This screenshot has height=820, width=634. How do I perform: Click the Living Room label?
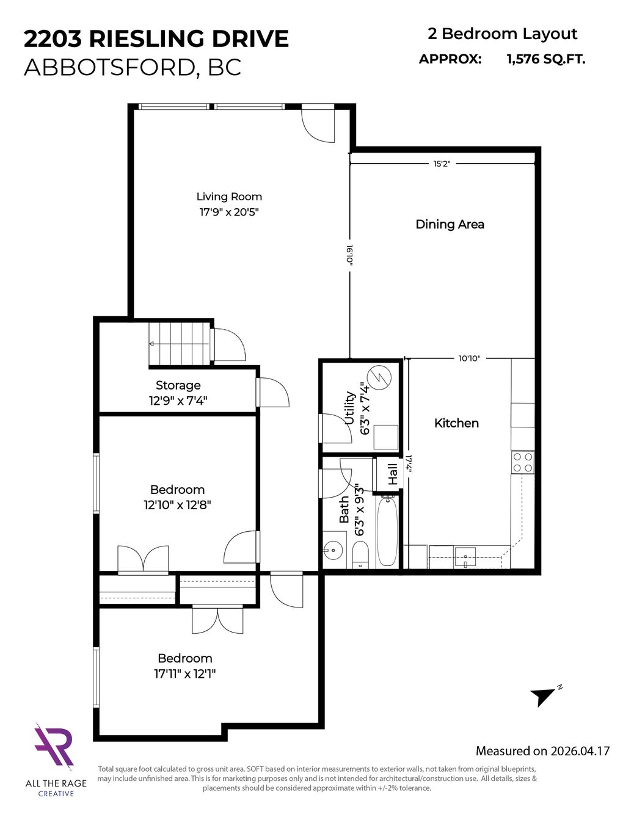pyautogui.click(x=229, y=197)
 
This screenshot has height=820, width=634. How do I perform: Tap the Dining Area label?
pyautogui.click(x=450, y=224)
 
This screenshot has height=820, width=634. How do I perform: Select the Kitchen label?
pyautogui.click(x=457, y=423)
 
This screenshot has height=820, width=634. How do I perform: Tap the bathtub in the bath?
pyautogui.click(x=387, y=532)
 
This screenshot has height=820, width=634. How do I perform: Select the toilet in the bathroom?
pyautogui.click(x=360, y=555)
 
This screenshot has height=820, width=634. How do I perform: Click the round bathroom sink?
pyautogui.click(x=333, y=550)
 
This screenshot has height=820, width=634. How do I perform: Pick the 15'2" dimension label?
pyautogui.click(x=442, y=164)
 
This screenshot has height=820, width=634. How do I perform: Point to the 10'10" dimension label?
pyautogui.click(x=469, y=358)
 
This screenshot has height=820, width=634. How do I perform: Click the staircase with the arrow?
pyautogui.click(x=180, y=344)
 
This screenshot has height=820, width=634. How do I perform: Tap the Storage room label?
pyautogui.click(x=178, y=385)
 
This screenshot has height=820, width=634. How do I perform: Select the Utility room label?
pyautogui.click(x=350, y=408)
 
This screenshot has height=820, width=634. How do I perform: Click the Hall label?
pyautogui.click(x=393, y=474)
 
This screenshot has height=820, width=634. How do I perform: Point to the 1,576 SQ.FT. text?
pyautogui.click(x=546, y=59)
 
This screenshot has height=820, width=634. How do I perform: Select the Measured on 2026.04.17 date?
pyautogui.click(x=542, y=750)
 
